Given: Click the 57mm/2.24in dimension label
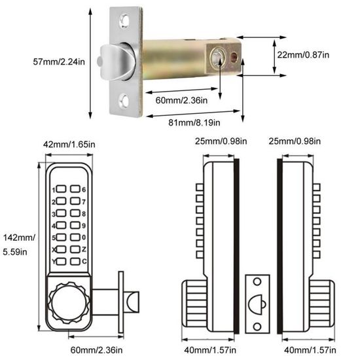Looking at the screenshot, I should [x=60, y=62].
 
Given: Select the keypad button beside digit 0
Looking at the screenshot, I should [x=75, y=238].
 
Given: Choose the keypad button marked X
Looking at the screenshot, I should [x=61, y=249].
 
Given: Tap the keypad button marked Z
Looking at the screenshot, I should [x=75, y=249].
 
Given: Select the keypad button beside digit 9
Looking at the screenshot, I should [x=75, y=226].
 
